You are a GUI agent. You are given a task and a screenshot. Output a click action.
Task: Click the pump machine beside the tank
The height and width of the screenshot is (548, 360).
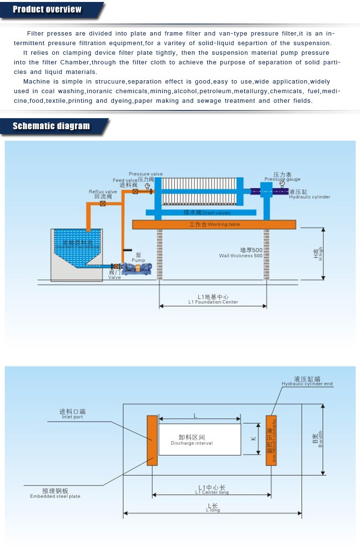coord(136,268)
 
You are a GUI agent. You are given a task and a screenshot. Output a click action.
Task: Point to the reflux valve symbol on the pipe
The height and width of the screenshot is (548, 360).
coord(103,204)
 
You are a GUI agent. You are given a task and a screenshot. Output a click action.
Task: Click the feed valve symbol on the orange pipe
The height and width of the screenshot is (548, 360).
coord(135,192)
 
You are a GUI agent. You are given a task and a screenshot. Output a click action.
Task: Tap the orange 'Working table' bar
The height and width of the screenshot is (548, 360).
coord(214,224)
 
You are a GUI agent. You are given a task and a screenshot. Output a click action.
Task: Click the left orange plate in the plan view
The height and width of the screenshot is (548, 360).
coord(152,440)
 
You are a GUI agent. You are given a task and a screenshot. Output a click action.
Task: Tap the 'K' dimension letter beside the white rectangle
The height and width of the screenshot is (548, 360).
coord(253,438)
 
